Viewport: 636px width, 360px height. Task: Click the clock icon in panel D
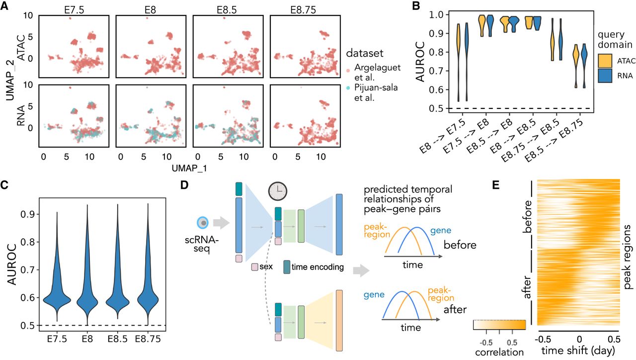point(277,191)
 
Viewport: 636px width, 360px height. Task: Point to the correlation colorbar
point(498,325)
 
